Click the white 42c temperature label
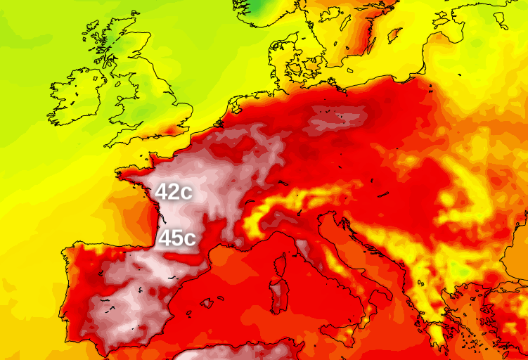coord(174,192)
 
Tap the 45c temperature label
coord(176,238)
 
